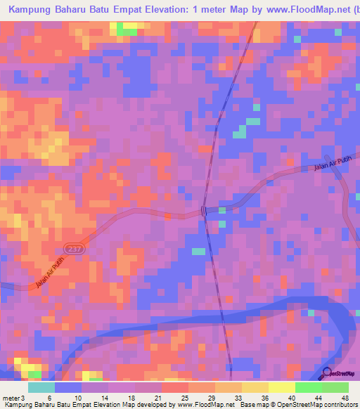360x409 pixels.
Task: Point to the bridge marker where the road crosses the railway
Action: tap(203, 211)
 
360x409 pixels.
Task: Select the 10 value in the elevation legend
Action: tap(67, 398)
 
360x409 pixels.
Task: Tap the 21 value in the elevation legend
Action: tap(148, 398)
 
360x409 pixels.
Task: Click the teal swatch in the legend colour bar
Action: tap(41, 387)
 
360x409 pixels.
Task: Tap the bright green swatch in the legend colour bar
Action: tap(309, 387)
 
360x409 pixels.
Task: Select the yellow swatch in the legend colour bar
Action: tap(282, 387)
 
